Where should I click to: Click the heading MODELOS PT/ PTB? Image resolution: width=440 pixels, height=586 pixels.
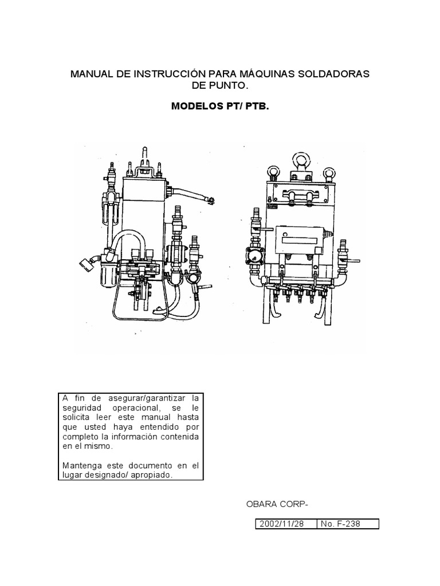[220, 106]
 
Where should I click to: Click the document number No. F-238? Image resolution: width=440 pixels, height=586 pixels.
[341, 524]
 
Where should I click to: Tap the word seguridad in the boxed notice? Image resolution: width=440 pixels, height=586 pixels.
[80, 408]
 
